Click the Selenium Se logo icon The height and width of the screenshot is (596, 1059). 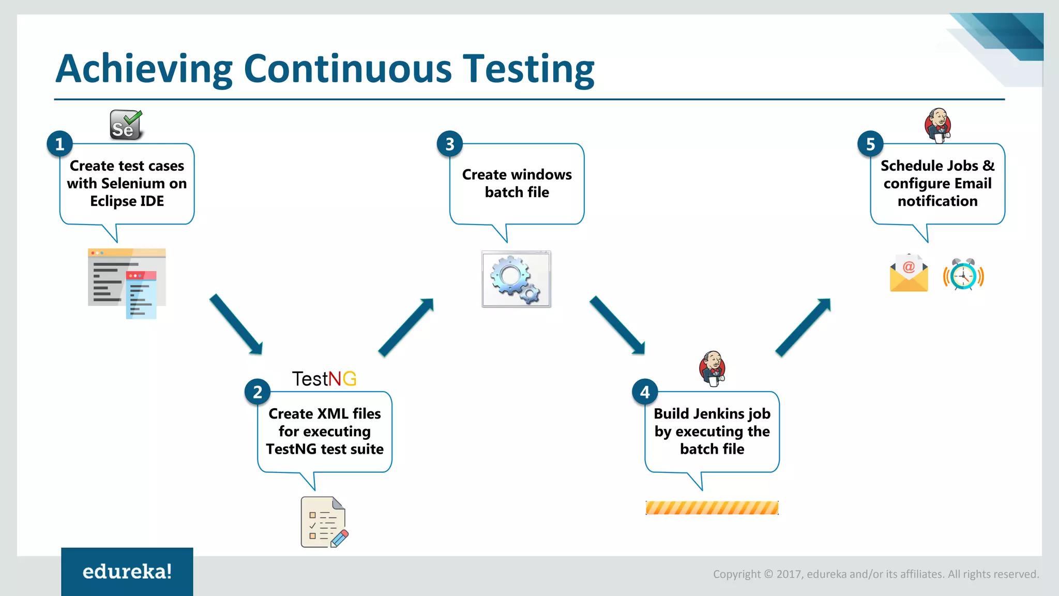(x=126, y=125)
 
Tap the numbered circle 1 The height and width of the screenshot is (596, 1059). (x=60, y=144)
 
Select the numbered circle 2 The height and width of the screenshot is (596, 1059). (x=258, y=392)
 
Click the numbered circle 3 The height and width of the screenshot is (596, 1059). (x=450, y=144)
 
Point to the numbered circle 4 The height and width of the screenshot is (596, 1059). (x=645, y=392)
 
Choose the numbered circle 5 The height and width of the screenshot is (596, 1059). (x=871, y=144)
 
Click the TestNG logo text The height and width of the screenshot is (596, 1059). (x=324, y=379)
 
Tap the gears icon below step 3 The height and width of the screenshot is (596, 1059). (x=516, y=279)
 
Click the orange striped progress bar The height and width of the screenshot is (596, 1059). (x=712, y=508)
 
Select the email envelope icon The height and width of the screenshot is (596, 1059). (x=909, y=274)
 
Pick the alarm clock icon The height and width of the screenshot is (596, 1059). (x=963, y=274)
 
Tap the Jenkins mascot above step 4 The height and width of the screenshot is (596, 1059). (x=713, y=368)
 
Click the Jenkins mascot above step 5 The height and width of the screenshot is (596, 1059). (x=938, y=125)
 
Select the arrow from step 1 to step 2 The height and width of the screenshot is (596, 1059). (x=236, y=324)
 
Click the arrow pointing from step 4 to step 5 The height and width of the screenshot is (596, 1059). (x=803, y=327)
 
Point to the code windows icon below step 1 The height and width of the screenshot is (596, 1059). (x=127, y=284)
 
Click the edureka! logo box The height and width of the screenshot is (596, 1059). (x=127, y=572)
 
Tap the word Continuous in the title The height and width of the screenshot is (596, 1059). (x=347, y=69)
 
